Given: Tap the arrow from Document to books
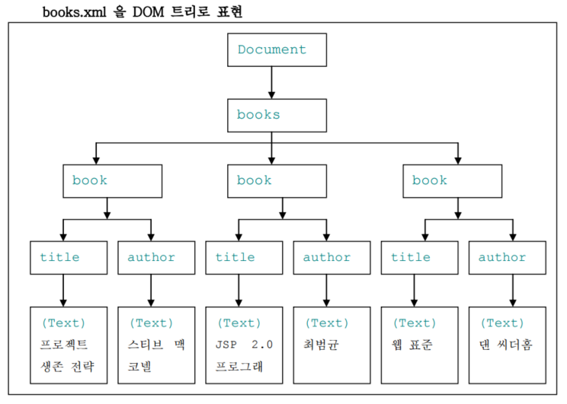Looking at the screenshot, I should [272, 83].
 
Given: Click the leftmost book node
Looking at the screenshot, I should [112, 181].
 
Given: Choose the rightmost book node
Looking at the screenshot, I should [453, 181].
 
